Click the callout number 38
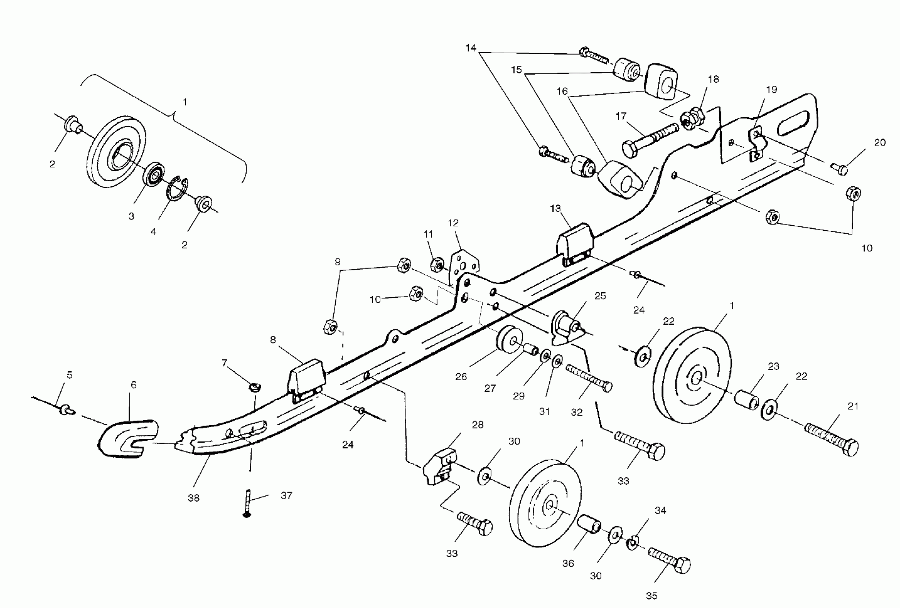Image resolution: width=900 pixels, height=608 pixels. [x=194, y=498]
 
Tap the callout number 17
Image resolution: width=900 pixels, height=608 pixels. [x=621, y=116]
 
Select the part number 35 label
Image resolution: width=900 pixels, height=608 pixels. [x=652, y=596]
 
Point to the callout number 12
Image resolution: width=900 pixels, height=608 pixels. [x=453, y=223]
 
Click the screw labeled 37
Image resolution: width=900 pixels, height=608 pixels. [x=247, y=503]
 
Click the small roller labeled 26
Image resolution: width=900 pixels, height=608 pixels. [x=509, y=339]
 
